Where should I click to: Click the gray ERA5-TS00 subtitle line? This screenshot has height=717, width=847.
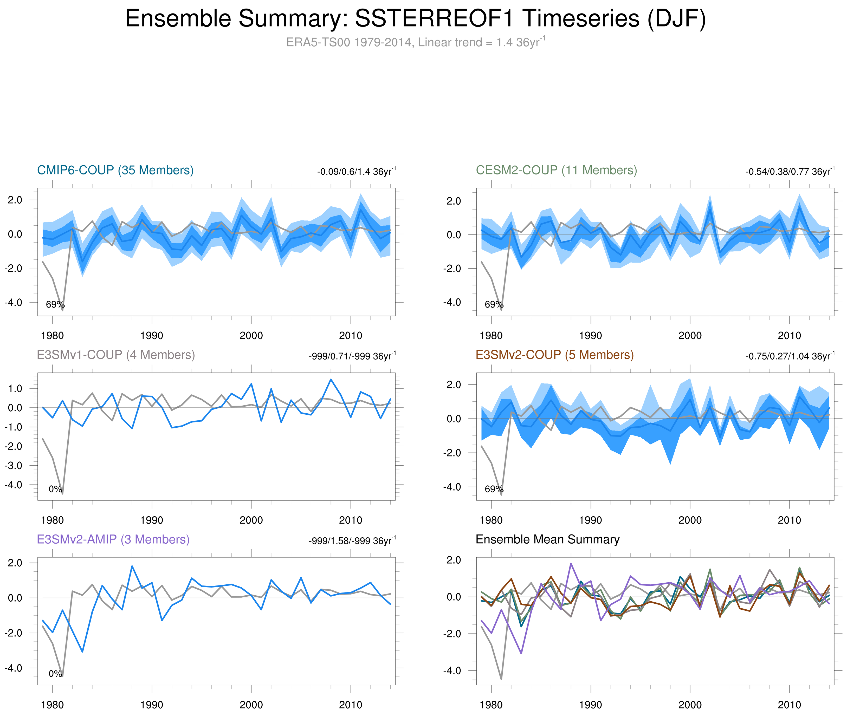(x=415, y=42)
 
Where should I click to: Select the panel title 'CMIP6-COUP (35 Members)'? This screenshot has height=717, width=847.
(x=115, y=170)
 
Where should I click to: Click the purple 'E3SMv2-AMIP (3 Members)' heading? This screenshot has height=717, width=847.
(x=113, y=539)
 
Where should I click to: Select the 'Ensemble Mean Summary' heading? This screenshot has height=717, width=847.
(x=547, y=539)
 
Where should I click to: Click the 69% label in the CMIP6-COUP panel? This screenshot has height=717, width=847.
(x=55, y=304)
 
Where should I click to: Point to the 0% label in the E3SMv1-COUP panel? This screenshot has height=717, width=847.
(x=55, y=489)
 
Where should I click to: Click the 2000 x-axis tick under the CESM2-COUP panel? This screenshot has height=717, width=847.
(x=690, y=336)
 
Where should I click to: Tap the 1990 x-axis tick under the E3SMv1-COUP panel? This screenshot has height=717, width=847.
(x=152, y=520)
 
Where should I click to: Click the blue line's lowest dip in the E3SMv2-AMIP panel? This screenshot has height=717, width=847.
(x=82, y=651)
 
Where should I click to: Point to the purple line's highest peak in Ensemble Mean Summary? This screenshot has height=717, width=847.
(x=571, y=563)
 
